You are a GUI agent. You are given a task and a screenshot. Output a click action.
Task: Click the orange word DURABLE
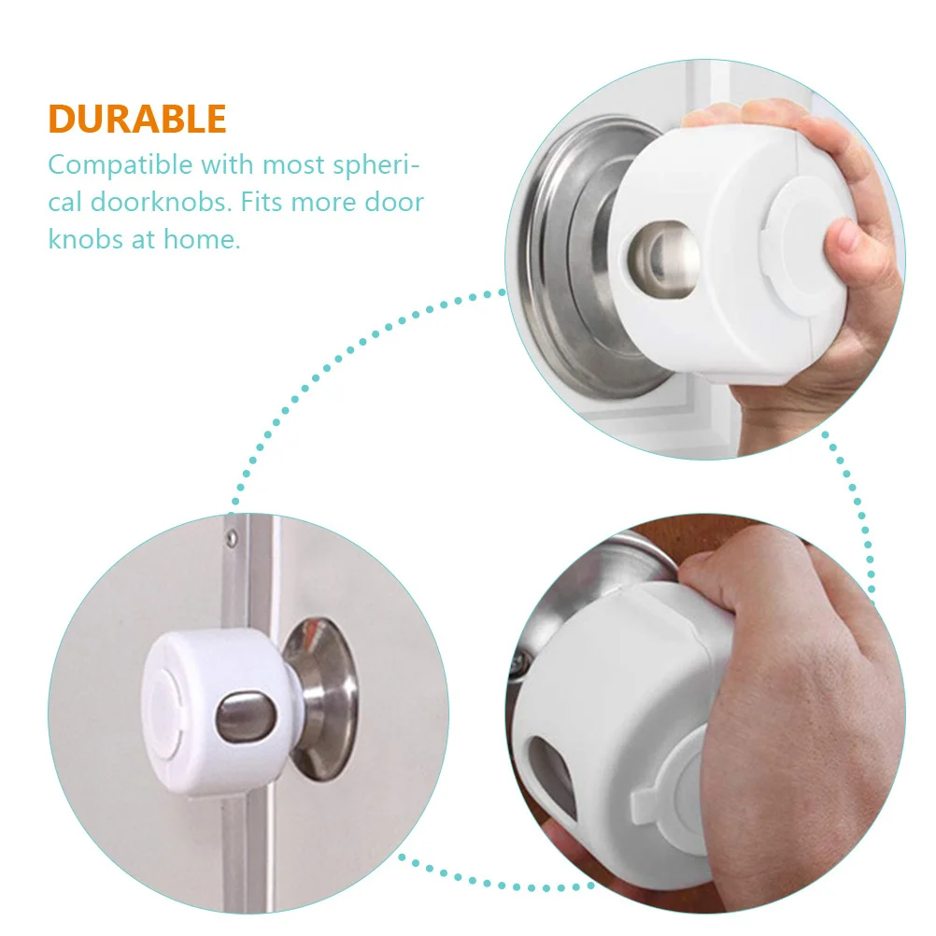pyautogui.click(x=137, y=120)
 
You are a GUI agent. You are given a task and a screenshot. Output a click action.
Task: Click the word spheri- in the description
pyautogui.click(x=374, y=166)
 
